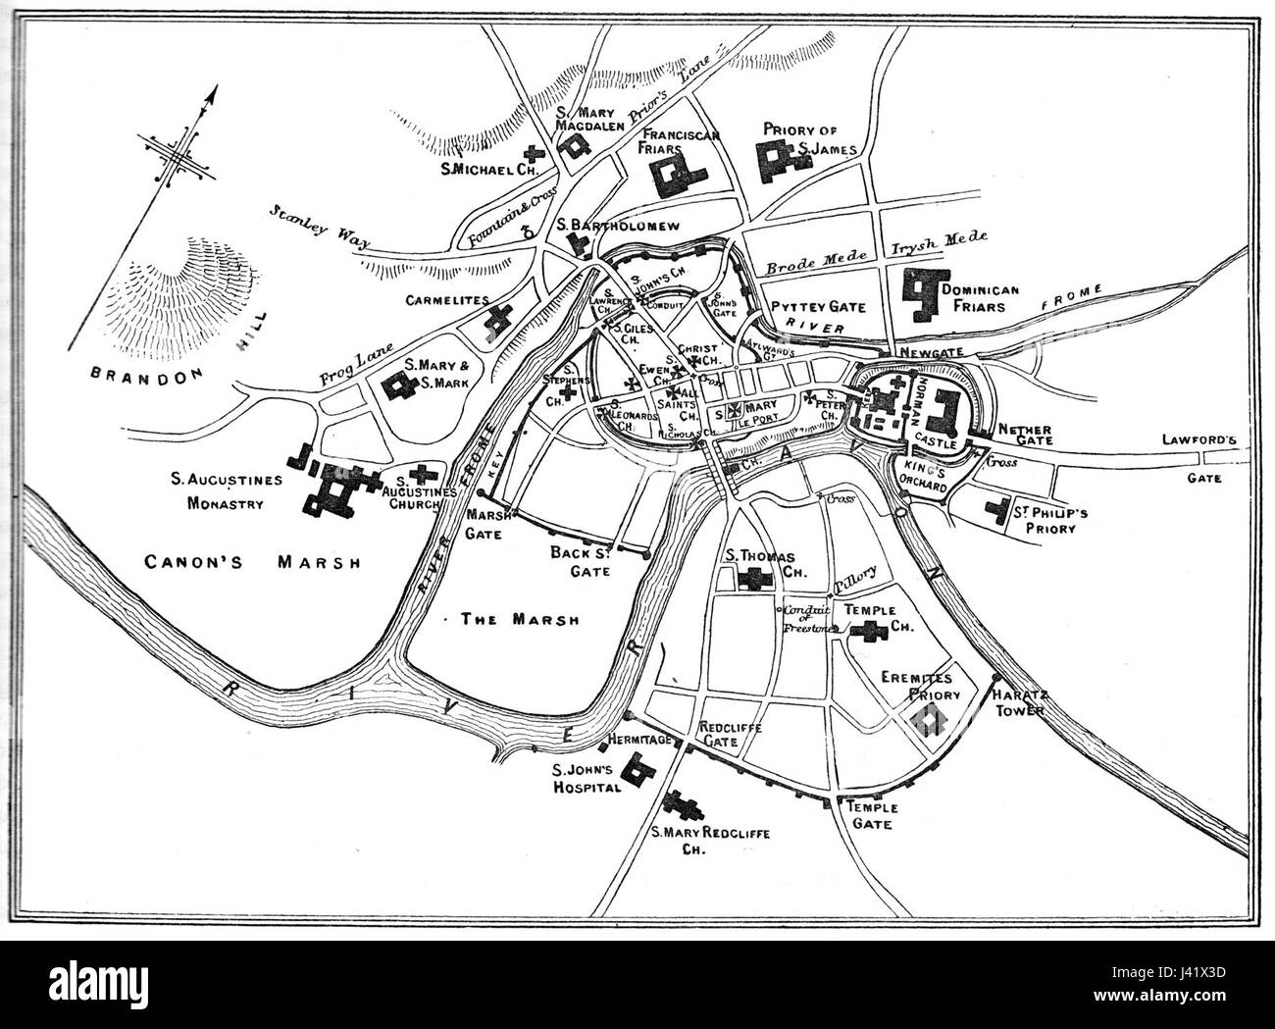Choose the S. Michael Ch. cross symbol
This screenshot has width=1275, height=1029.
[x=534, y=153]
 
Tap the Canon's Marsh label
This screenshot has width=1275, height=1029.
[x=251, y=562]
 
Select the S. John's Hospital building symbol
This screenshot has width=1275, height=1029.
[x=640, y=772]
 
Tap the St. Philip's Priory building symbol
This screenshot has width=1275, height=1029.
[x=1000, y=511]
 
